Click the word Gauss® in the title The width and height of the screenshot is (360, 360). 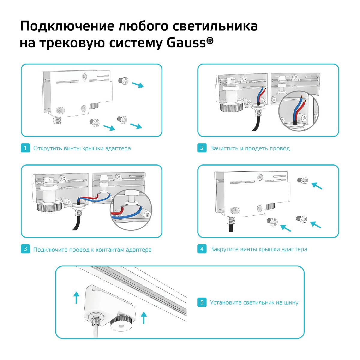click(190, 43)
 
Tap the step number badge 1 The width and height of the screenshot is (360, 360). click(25, 148)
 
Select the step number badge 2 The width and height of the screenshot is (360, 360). click(202, 148)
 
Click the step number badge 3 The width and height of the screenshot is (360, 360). click(25, 249)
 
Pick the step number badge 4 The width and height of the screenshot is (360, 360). click(202, 249)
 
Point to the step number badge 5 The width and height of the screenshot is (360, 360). click(202, 302)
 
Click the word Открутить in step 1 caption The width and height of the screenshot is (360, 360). click(47, 148)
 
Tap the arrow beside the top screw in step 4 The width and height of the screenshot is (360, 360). click(316, 186)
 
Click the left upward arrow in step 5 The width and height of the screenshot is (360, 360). click(76, 297)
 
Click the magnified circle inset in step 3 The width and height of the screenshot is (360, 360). click(130, 210)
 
